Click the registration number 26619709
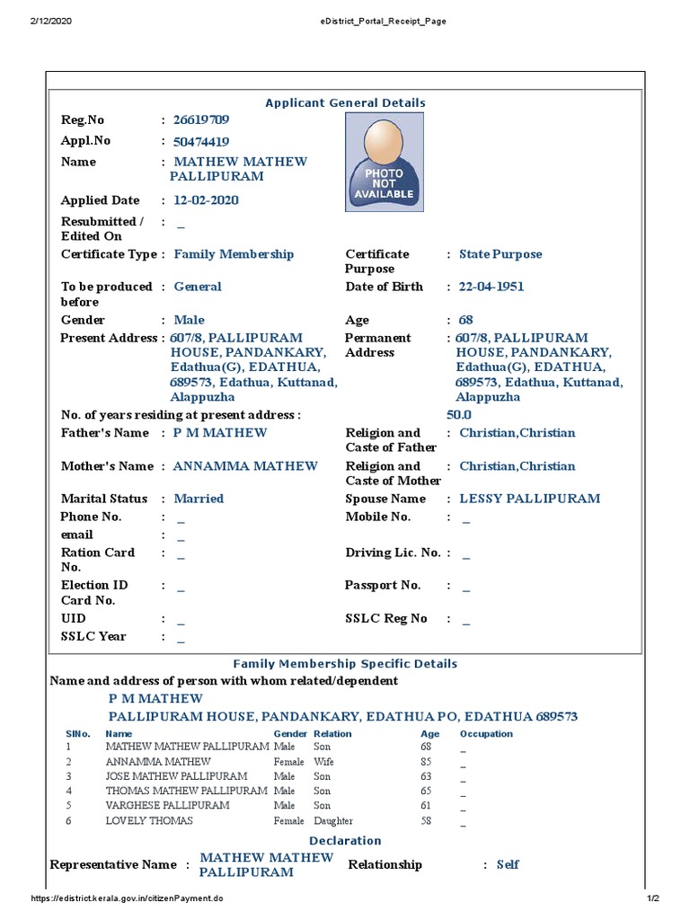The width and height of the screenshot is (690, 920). (x=200, y=120)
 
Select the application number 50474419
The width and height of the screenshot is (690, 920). (x=200, y=142)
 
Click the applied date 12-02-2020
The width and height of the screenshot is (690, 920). (x=206, y=200)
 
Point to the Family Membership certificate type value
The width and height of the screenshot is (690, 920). (x=234, y=254)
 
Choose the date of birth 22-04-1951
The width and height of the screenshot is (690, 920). (x=491, y=287)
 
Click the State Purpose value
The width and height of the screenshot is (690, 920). (x=500, y=254)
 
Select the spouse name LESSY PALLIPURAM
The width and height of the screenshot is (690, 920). (x=529, y=499)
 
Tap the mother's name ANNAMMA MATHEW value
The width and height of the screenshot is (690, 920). (x=245, y=466)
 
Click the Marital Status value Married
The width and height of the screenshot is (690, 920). (x=199, y=499)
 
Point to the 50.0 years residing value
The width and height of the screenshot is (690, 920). (x=458, y=415)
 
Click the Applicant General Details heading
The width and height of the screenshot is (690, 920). (x=345, y=103)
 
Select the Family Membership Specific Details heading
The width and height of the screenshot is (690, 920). (x=345, y=664)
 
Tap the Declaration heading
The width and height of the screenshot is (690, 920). (x=345, y=841)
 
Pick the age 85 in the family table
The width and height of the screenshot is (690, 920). (x=427, y=762)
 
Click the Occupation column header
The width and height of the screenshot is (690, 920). (x=485, y=734)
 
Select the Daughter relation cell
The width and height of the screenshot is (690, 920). (x=332, y=821)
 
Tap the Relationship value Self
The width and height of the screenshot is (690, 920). (x=508, y=864)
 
